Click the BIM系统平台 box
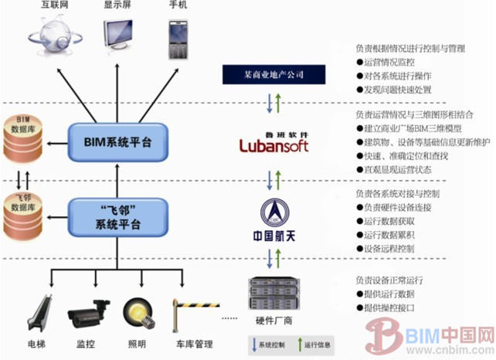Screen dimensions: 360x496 point(117,143)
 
